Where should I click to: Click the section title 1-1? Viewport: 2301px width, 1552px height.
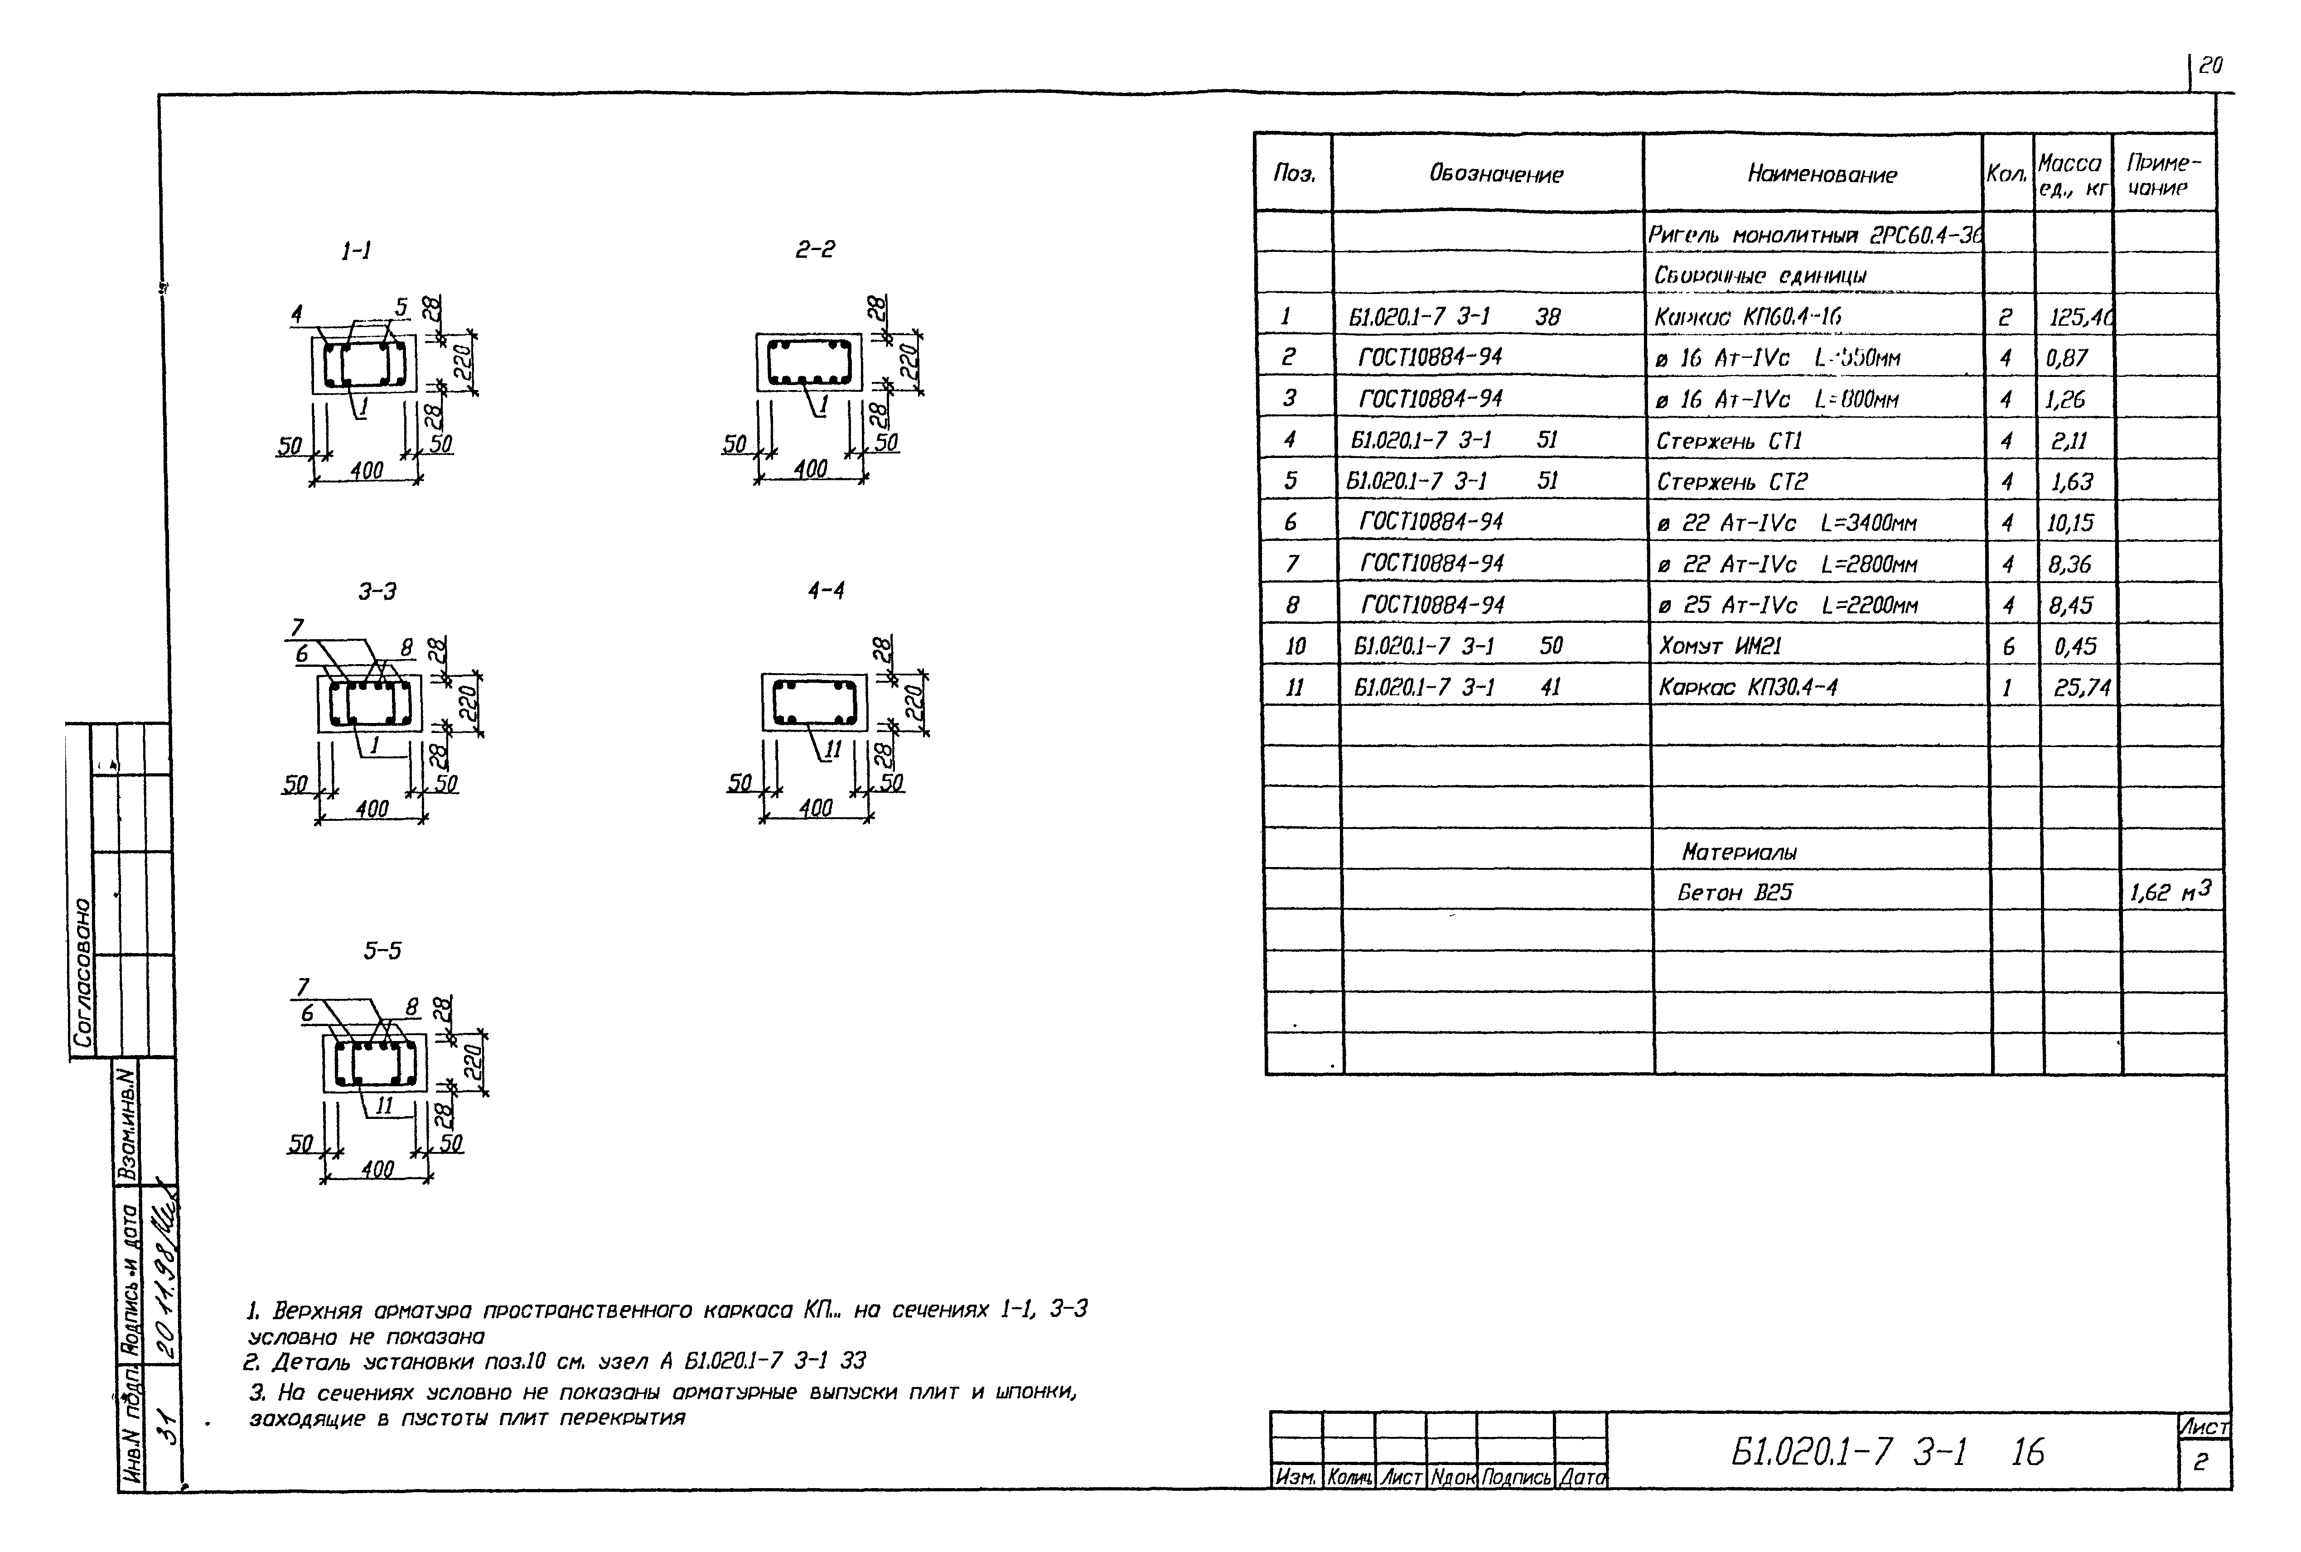pos(357,251)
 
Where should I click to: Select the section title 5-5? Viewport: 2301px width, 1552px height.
pos(382,951)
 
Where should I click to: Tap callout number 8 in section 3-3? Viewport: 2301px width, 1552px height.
pos(406,647)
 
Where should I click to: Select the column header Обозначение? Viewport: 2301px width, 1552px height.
pos(1495,174)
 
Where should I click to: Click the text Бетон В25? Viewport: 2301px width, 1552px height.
pos(1735,893)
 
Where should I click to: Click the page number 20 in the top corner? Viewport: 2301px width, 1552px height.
pos(2210,66)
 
